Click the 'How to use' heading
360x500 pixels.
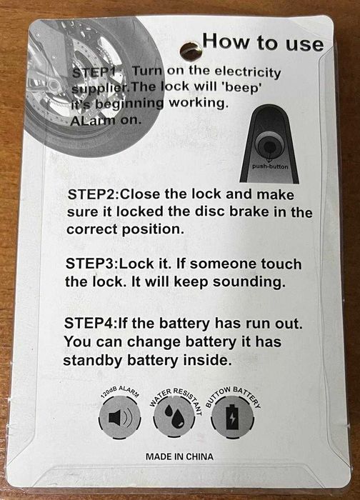pyautogui.click(x=263, y=42)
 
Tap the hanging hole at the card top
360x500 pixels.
pyautogui.click(x=191, y=51)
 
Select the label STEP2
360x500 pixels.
pyautogui.click(x=93, y=194)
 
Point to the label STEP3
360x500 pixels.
pyautogui.click(x=92, y=264)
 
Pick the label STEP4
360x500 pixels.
pyautogui.click(x=91, y=323)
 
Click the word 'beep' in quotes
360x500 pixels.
pyautogui.click(x=244, y=88)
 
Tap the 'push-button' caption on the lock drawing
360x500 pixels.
pyautogui.click(x=270, y=166)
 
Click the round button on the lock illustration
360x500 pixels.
pyautogui.click(x=269, y=146)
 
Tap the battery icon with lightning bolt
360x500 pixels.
pyautogui.click(x=232, y=416)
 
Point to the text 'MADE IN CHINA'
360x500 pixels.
pyautogui.click(x=179, y=456)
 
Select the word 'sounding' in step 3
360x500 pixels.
pyautogui.click(x=249, y=282)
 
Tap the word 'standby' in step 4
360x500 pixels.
pyautogui.click(x=93, y=361)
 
